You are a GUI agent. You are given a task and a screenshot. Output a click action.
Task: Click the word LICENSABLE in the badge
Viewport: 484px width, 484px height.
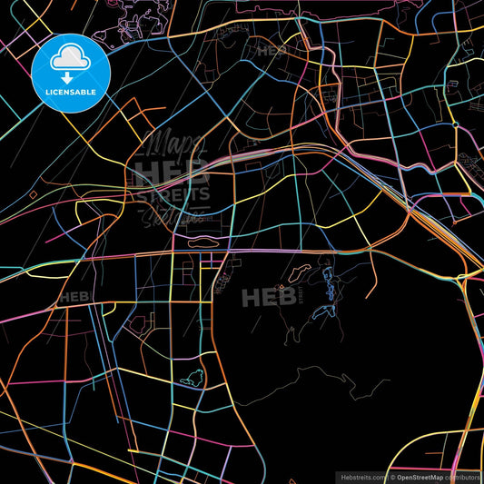click(x=71, y=91)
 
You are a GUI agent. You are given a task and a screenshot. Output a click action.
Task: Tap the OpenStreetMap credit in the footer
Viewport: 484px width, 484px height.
click(x=419, y=476)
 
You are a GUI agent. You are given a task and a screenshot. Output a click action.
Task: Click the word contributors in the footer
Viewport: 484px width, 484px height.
click(x=464, y=476)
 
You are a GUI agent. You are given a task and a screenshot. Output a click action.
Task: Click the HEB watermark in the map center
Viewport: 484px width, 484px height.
click(x=261, y=297)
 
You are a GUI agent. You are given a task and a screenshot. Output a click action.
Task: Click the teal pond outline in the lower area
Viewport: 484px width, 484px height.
click(x=192, y=380)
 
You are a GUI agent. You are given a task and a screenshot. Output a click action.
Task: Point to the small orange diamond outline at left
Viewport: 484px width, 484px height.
click(x=89, y=212)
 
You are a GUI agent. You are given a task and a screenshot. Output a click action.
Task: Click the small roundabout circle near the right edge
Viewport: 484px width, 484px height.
click(x=454, y=124)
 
